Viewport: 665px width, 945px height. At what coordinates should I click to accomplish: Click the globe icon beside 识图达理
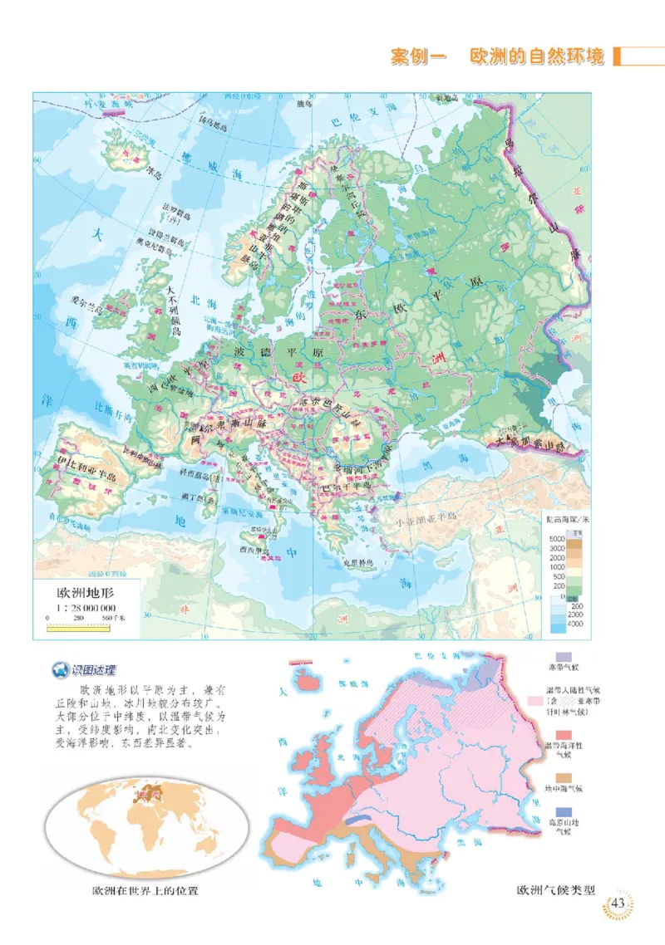tap(59, 671)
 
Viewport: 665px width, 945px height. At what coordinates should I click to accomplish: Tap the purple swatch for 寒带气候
tap(563, 658)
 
